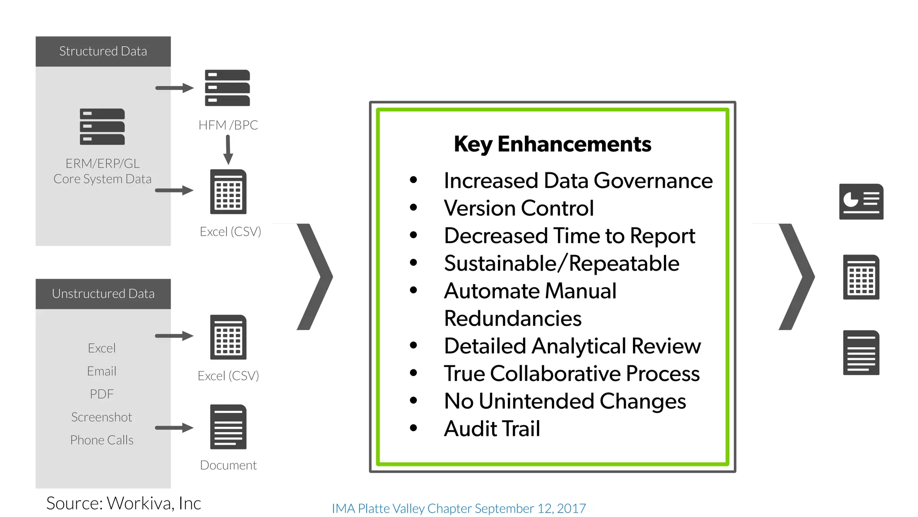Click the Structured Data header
point(103,51)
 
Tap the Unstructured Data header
point(103,294)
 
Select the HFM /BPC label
point(228,125)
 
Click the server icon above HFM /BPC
point(227,88)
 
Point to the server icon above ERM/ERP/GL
point(102,127)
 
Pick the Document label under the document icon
point(228,465)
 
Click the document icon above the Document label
point(228,427)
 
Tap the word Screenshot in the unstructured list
point(102,417)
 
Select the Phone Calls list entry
point(102,440)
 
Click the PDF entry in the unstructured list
point(102,394)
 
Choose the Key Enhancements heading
point(552,145)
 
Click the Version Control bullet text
point(519,208)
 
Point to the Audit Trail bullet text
point(492,429)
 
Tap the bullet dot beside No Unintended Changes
point(413,401)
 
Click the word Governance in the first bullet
point(653,181)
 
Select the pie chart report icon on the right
point(861,202)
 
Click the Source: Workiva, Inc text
point(124,503)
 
